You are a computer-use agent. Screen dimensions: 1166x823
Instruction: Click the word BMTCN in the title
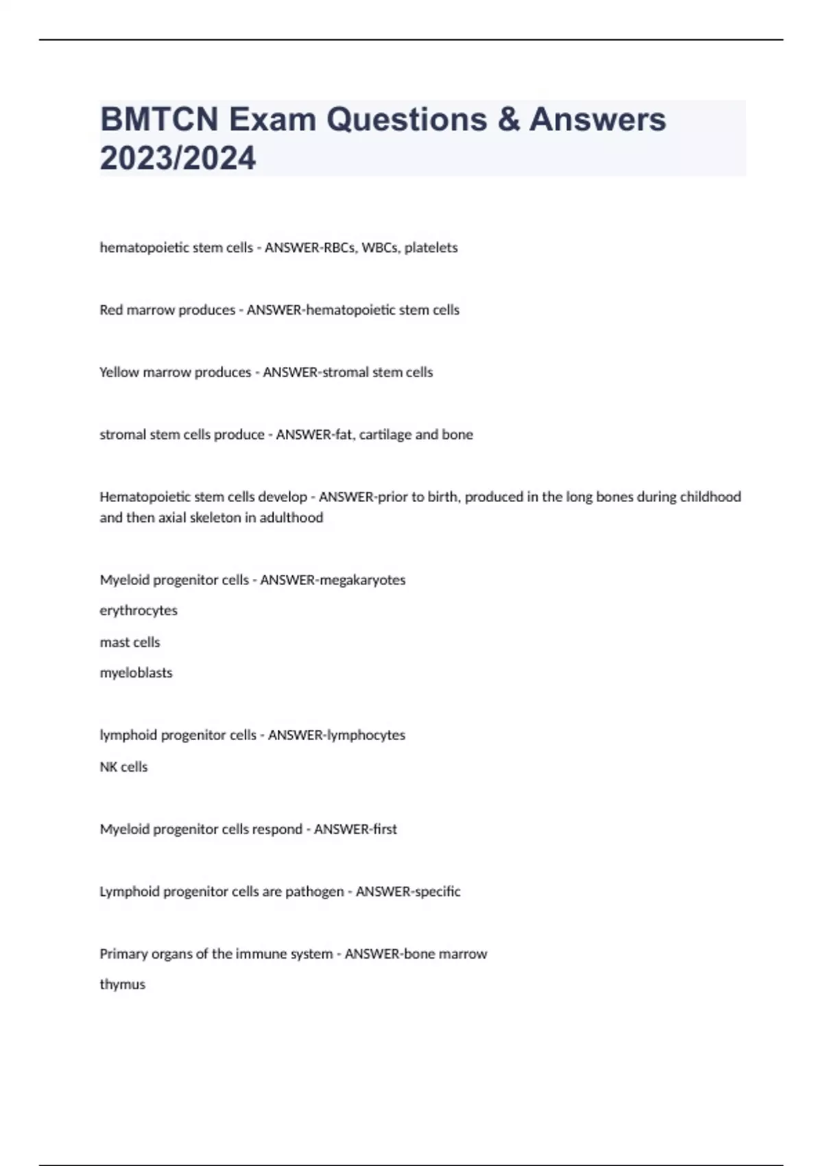(159, 119)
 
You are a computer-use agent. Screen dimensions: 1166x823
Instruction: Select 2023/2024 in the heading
(178, 158)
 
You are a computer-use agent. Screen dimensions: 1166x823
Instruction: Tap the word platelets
(431, 248)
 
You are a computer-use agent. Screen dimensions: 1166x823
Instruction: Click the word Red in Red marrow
(111, 310)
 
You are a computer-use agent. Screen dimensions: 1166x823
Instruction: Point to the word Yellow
(118, 372)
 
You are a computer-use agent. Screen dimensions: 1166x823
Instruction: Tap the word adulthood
(291, 518)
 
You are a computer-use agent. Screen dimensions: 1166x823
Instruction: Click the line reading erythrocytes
(139, 610)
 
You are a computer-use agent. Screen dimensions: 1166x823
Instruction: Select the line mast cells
(130, 642)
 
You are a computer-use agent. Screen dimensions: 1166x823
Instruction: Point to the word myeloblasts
(136, 673)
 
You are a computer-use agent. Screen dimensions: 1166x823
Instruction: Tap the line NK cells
(123, 767)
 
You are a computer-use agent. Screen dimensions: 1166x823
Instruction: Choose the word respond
(277, 829)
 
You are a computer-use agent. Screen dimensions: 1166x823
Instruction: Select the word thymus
(122, 985)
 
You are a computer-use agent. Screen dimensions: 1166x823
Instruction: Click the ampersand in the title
(509, 119)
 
